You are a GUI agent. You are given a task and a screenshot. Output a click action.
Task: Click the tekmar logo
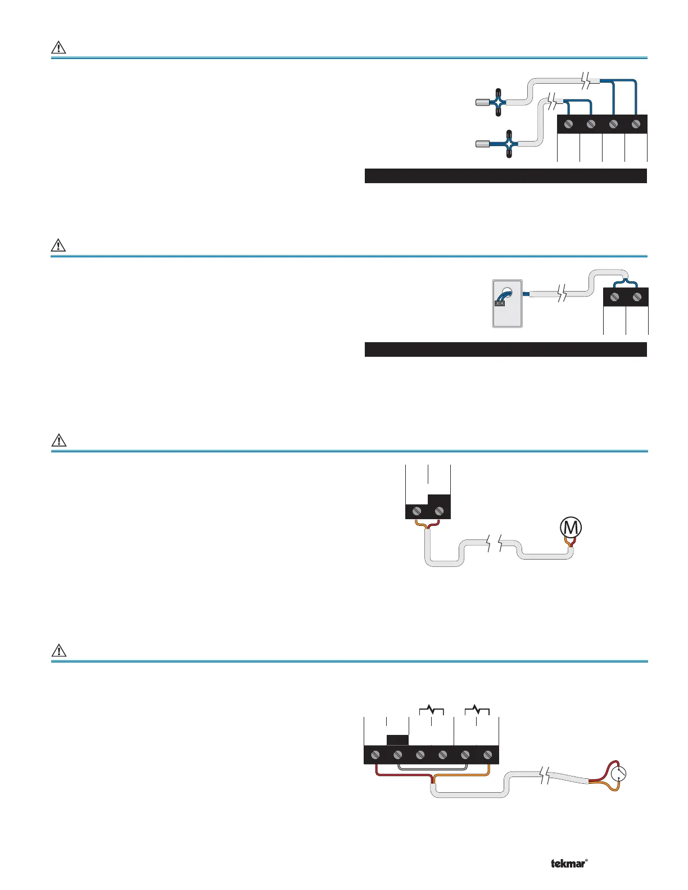[569, 864]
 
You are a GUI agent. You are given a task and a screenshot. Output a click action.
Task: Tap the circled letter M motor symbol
[571, 528]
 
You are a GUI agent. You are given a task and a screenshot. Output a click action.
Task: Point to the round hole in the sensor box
[508, 292]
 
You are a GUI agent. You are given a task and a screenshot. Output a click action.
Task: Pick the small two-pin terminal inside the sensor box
[500, 303]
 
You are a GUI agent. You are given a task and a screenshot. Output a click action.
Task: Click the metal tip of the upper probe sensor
[482, 102]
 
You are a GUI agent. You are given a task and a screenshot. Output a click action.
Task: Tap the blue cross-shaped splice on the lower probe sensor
[509, 143]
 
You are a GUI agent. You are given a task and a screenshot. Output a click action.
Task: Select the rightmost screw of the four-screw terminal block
[636, 124]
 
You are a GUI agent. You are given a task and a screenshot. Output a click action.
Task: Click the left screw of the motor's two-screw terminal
[417, 511]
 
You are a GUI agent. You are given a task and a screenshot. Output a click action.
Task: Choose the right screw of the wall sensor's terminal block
[637, 297]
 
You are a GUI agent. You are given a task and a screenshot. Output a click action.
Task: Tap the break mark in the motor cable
[494, 544]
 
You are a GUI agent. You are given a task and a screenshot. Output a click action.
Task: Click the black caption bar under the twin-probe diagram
[505, 176]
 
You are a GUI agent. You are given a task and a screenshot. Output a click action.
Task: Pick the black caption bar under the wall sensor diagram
[505, 349]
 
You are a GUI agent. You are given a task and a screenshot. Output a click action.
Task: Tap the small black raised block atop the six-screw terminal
[398, 739]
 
